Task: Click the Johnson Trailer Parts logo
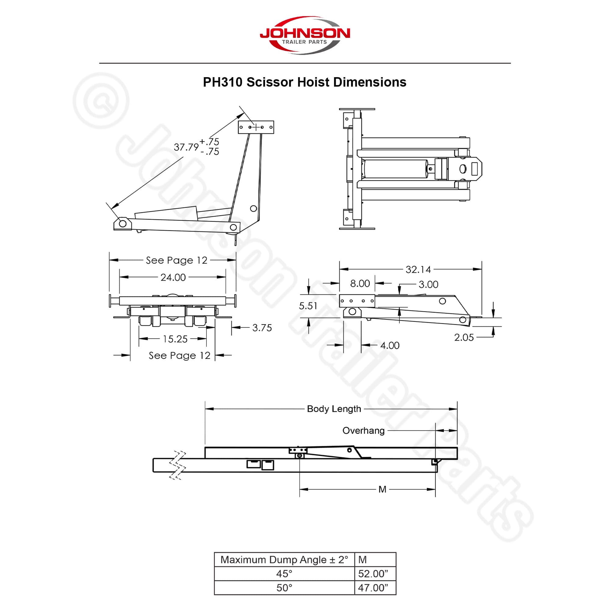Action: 305,35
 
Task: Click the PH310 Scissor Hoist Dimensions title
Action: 304,82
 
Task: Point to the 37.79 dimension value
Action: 186,147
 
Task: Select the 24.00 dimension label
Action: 173,277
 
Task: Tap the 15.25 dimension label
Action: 175,339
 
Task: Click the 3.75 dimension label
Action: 262,328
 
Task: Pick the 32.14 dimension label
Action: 418,269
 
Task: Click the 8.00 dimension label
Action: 360,284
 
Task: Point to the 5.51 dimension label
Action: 308,306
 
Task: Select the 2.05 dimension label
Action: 464,338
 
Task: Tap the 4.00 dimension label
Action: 390,346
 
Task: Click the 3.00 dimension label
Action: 429,285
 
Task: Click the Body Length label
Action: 334,409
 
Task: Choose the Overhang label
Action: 364,431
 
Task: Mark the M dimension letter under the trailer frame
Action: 382,490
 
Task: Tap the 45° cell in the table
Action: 285,573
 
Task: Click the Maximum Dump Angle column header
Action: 285,559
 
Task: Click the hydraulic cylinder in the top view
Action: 396,169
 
